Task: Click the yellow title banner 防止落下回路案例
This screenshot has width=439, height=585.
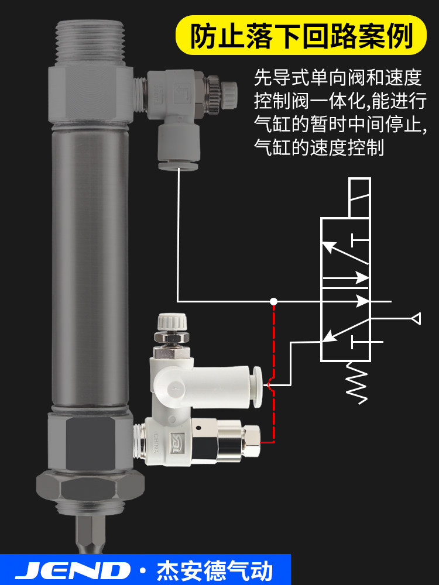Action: pos(301,35)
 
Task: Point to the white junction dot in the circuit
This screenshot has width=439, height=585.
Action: pos(273,301)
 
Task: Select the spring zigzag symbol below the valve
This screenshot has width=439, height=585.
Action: pos(357,383)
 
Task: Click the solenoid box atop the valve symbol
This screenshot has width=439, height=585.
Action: pos(359,198)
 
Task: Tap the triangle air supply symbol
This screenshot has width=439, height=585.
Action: pos(416,319)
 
